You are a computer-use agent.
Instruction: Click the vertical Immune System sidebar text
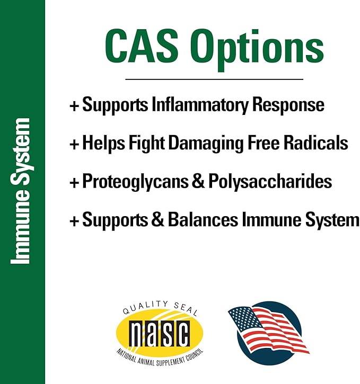pyautogui.click(x=22, y=191)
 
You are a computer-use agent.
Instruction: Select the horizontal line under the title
pyautogui.click(x=214, y=79)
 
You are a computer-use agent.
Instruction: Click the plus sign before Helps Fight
pyautogui.click(x=74, y=144)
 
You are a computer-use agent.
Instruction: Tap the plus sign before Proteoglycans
pyautogui.click(x=74, y=182)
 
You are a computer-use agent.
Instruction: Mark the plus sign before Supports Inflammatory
pyautogui.click(x=74, y=105)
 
